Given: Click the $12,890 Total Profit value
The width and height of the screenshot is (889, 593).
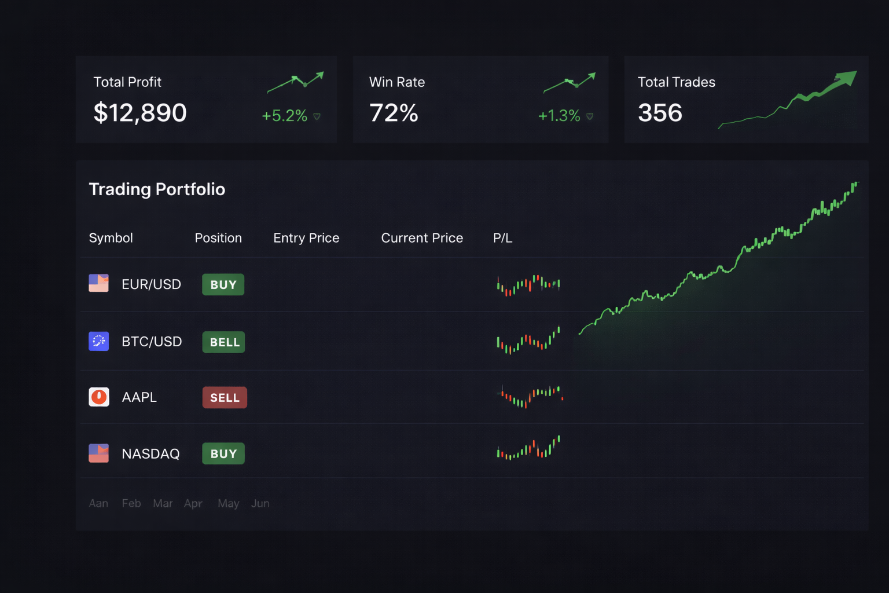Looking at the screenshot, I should click(140, 112).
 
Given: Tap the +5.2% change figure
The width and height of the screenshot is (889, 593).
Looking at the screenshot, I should click(284, 116).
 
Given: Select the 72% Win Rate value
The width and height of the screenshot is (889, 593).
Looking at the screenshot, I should click(394, 112).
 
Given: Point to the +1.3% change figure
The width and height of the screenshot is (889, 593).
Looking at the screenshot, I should click(559, 116).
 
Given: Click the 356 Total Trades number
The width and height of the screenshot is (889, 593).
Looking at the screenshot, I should click(660, 112).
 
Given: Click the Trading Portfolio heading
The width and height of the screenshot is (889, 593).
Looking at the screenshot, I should click(157, 189).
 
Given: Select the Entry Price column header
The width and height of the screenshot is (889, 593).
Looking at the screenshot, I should click(306, 238).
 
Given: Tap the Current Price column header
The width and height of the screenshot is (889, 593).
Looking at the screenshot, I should click(422, 238).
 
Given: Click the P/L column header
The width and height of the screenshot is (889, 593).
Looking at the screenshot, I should click(502, 238).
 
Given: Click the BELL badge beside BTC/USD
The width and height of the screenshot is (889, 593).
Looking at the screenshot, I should click(224, 342).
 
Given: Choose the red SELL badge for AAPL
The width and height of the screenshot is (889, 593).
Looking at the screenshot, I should click(225, 398).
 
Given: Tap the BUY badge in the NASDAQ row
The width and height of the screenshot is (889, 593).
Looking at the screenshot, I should click(223, 454).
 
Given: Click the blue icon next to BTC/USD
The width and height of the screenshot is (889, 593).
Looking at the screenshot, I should click(98, 342).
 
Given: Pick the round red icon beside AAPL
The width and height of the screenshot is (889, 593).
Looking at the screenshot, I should click(99, 397).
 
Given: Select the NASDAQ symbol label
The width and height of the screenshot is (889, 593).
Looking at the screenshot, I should click(150, 454).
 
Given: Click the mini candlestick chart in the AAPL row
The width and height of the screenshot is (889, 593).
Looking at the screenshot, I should click(529, 397).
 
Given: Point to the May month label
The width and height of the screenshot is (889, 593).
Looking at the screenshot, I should click(229, 504).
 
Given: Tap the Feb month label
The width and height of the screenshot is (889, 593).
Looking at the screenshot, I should click(131, 504).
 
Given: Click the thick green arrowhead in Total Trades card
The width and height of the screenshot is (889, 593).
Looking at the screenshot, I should click(846, 79).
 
